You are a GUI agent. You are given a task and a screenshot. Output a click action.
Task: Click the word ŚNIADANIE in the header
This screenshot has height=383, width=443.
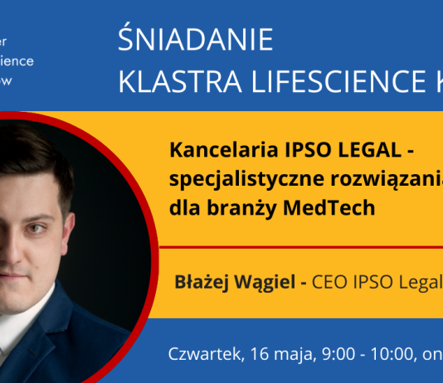[x=196, y=40]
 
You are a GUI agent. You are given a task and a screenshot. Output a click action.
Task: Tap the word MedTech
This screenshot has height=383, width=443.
[x=337, y=208]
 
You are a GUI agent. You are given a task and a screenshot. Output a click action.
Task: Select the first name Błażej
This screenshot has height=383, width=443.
[x=202, y=281]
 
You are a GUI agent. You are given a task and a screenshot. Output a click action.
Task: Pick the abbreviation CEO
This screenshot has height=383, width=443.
[x=331, y=281]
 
